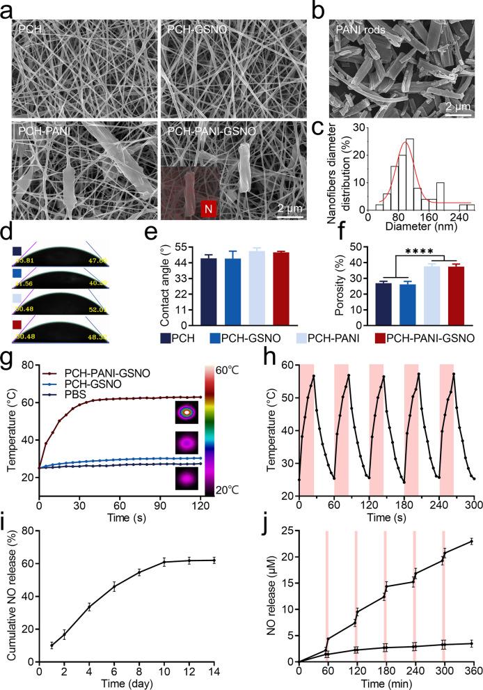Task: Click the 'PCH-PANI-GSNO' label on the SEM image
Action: click(207, 130)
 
